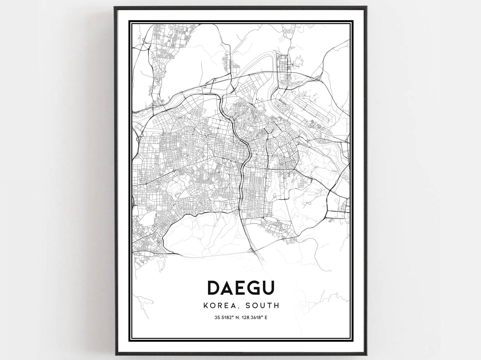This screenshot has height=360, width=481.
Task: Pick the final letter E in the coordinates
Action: coord(267,318)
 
